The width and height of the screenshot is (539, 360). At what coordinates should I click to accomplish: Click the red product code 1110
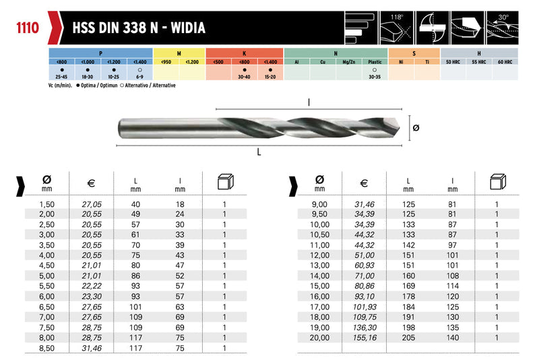28,28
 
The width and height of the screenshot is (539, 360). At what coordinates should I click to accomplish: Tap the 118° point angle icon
396,28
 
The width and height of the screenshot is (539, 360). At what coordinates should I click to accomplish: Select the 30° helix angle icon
502,28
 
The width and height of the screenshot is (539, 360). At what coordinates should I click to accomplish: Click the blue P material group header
100,53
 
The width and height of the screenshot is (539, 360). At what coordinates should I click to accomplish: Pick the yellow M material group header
179,53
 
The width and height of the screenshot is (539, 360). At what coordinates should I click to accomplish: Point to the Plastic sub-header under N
375,62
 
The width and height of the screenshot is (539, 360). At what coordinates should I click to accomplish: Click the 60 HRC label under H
505,62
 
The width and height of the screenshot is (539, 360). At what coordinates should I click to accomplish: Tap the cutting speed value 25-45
61,77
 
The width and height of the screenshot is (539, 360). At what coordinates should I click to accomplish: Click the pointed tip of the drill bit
400,127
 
